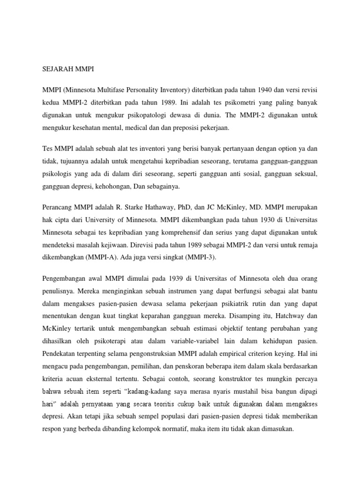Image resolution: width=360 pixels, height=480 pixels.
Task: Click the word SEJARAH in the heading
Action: point(54,69)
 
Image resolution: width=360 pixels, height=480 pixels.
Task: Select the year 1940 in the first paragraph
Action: point(270,89)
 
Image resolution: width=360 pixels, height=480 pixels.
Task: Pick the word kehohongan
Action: point(109,186)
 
